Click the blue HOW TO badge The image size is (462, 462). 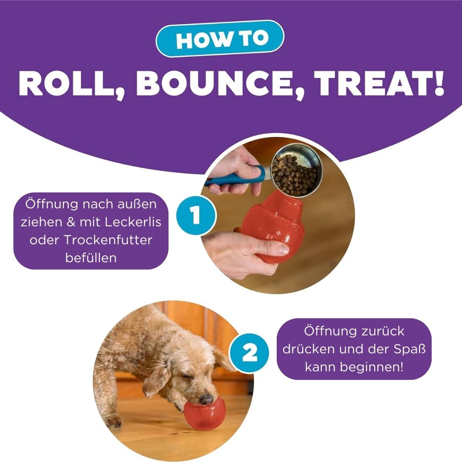tap(220, 38)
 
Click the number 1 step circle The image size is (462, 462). tap(196, 215)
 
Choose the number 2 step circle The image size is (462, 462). tap(249, 352)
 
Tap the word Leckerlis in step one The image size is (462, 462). tap(133, 222)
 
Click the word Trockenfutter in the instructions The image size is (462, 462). tap(108, 240)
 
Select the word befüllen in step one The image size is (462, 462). tap(91, 258)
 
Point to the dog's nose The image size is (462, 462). tap(207, 400)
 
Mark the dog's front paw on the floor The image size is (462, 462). tap(113, 422)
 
